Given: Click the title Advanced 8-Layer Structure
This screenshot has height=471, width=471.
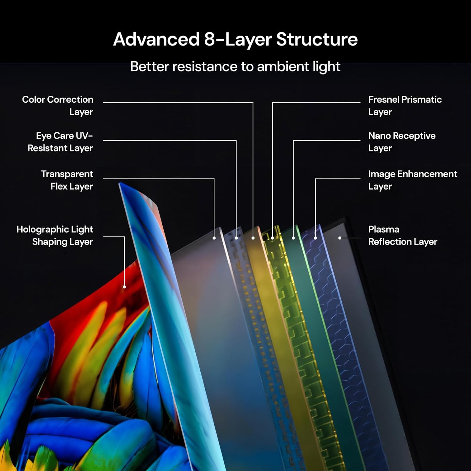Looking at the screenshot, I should [235, 39].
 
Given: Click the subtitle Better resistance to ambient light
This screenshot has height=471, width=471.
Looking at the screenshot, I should [235, 67].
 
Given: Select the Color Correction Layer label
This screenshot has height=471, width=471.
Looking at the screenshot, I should [58, 106].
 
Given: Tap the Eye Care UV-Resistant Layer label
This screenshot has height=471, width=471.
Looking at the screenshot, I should [60, 142].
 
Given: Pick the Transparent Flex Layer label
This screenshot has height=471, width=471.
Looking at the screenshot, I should [67, 180].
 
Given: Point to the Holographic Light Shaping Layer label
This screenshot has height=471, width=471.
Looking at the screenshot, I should [55, 235].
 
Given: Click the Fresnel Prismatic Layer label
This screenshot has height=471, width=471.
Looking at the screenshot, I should [405, 106].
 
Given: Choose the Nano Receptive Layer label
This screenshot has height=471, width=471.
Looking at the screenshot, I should [402, 142].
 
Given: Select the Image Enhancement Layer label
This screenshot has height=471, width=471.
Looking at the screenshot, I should [412, 180].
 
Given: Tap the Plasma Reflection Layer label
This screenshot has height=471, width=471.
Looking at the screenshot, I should [403, 235].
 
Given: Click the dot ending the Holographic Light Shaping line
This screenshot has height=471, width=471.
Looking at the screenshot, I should [124, 287].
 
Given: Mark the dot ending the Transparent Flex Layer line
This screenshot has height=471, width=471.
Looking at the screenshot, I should [214, 238].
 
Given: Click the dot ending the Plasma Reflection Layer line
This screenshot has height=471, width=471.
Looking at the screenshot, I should [340, 238].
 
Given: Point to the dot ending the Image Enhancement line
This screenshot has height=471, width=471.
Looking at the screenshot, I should [315, 238].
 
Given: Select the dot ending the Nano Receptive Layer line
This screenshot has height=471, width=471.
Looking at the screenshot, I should [293, 238].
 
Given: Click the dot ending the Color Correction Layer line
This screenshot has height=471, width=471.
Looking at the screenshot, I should [253, 238].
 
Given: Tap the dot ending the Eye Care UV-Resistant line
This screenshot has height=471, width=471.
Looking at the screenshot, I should [236, 238].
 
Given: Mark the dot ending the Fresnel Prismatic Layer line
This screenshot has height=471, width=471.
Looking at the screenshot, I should [272, 238].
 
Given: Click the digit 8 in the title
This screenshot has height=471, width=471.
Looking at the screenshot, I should [210, 40].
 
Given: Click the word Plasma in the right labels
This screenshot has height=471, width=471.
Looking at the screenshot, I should [384, 229].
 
